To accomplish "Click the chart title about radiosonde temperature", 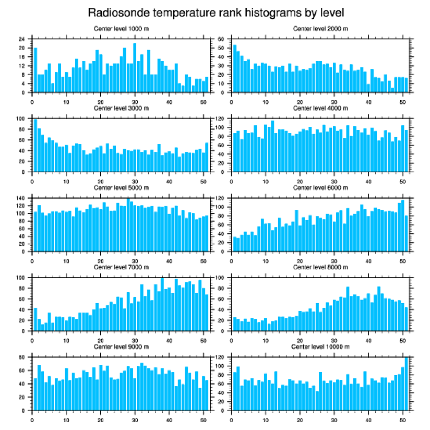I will click(x=215, y=12).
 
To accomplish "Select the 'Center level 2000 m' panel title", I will click(x=320, y=29).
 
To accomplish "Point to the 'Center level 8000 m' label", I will click(x=320, y=267).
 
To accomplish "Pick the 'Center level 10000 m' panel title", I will click(x=320, y=347).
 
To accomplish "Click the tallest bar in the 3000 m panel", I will click(x=35, y=146).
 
